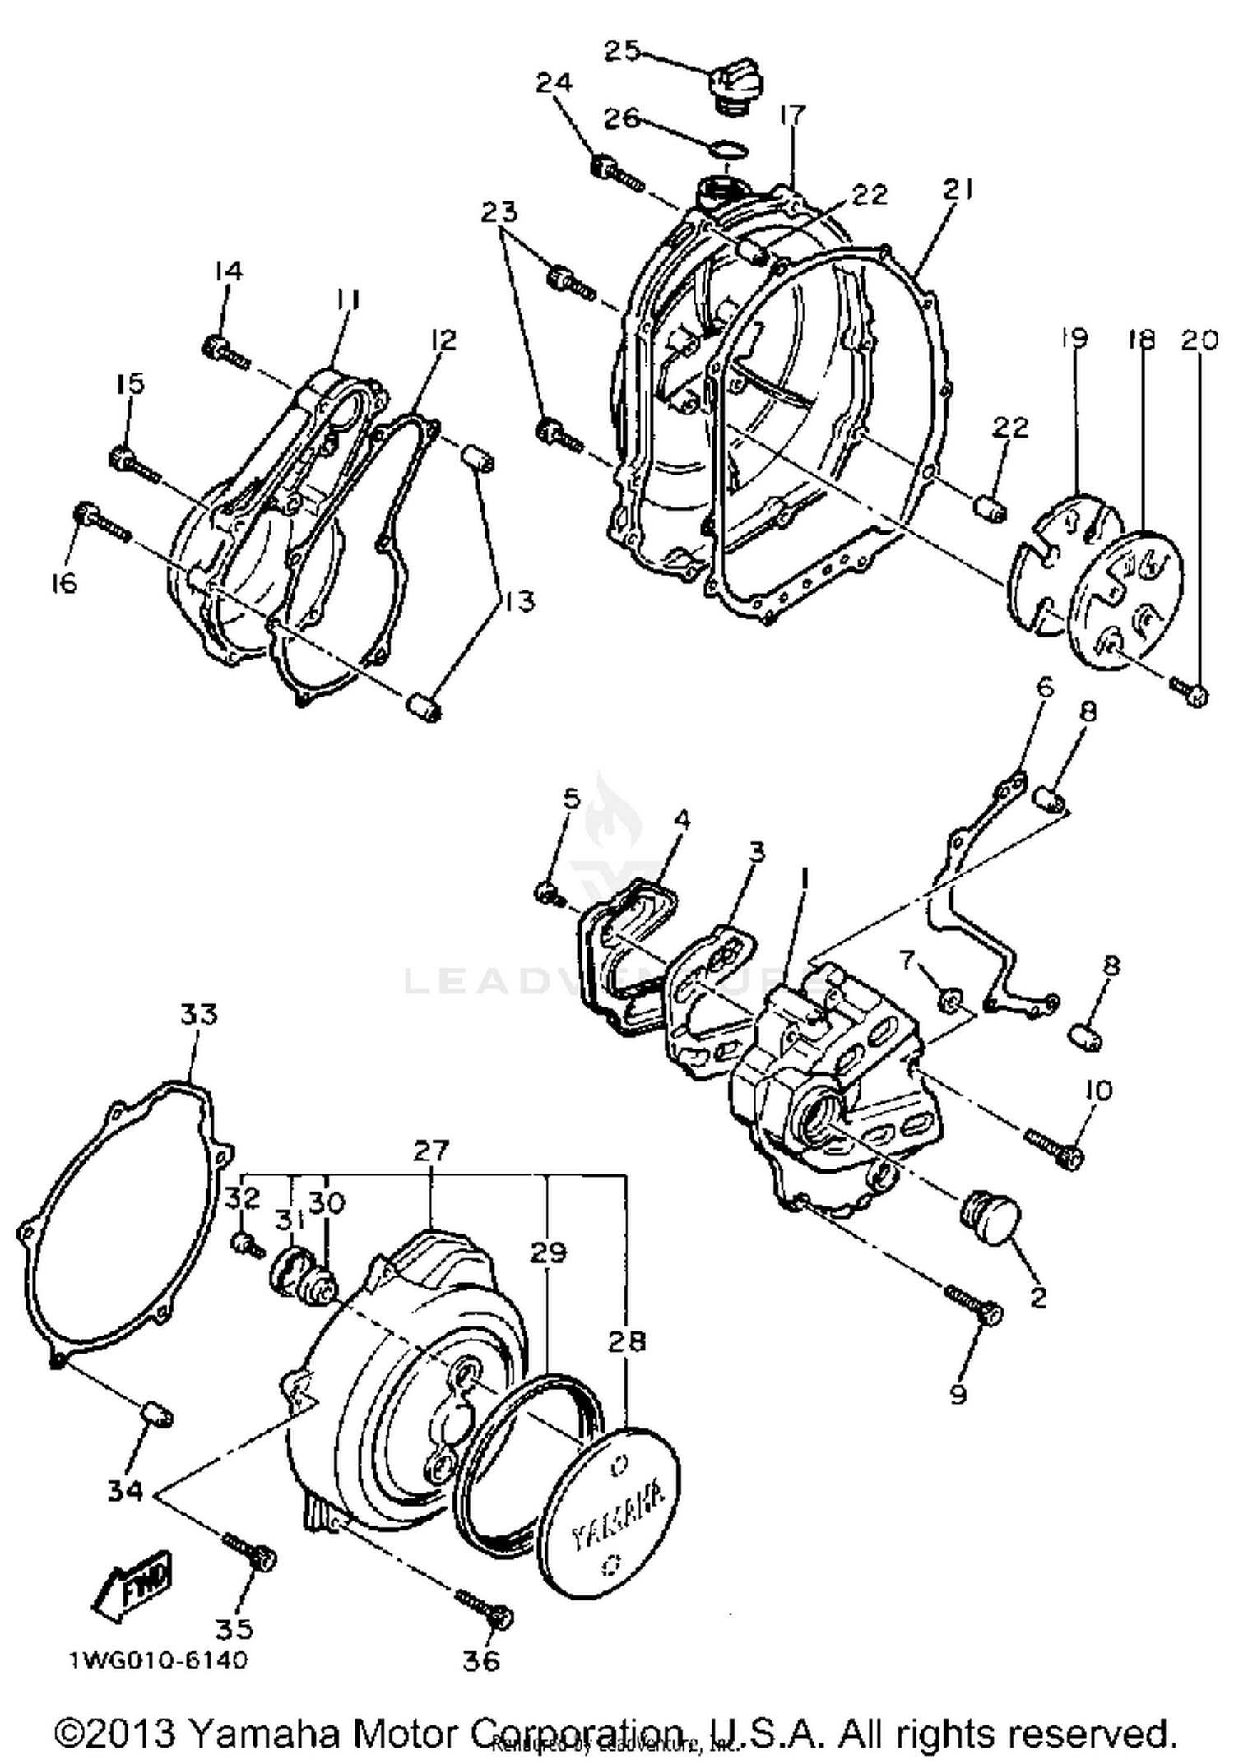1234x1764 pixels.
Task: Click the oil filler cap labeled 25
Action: [734, 85]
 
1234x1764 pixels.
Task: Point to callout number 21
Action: [957, 190]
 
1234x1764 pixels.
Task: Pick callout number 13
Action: [520, 601]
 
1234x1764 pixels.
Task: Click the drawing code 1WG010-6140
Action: [157, 1660]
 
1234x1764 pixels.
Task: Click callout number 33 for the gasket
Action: [198, 1015]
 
